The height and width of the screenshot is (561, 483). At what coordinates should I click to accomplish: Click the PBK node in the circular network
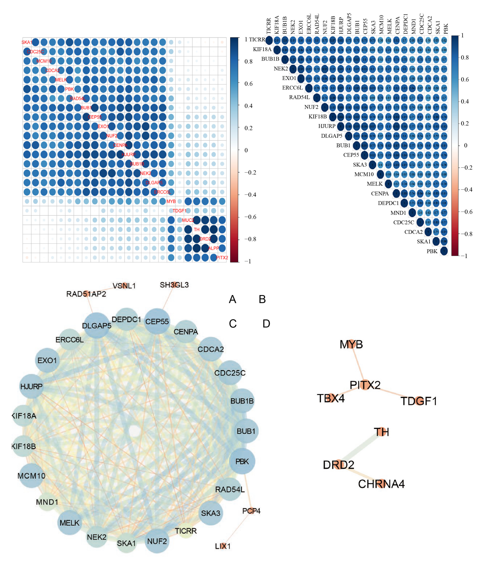pos(242,461)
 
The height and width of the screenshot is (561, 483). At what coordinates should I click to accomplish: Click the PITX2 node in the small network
pos(365,385)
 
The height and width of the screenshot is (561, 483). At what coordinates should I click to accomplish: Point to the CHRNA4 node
pos(381,484)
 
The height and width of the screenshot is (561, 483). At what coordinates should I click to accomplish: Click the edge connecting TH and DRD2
pos(360,448)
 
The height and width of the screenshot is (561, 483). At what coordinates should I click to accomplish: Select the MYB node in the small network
pos(351,344)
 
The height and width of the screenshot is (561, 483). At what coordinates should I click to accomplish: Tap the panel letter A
pos(232,299)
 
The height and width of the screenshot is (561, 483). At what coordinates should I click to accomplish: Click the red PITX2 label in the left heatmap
pos(222,257)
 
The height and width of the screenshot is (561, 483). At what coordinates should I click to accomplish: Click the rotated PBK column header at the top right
pos(446,29)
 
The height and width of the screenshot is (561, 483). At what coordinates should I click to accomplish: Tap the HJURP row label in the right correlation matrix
pos(327,126)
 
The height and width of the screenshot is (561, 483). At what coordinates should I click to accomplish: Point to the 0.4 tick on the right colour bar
pos(465,101)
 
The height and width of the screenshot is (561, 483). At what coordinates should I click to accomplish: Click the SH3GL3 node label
pos(174,285)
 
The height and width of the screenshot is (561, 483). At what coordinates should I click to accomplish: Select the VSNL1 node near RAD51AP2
pos(124,286)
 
